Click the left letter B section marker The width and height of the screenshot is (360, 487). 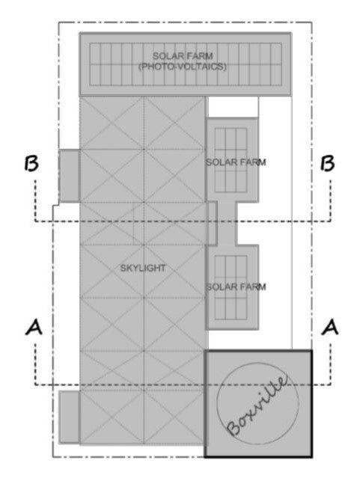(31, 164)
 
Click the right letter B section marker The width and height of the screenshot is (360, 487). (326, 164)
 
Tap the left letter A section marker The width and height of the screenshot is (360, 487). (33, 325)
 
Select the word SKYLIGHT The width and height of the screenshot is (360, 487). (141, 267)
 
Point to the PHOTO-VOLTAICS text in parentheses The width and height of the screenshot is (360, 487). (183, 67)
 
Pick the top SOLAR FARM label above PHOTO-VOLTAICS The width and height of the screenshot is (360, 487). (183, 56)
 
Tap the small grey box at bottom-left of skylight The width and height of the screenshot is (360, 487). (69, 416)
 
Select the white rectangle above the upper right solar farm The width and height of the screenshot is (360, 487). (233, 106)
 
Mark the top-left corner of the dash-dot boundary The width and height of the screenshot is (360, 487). (60, 22)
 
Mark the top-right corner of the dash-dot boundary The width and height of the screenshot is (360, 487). (312, 22)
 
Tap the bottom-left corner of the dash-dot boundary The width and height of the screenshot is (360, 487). (52, 457)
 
